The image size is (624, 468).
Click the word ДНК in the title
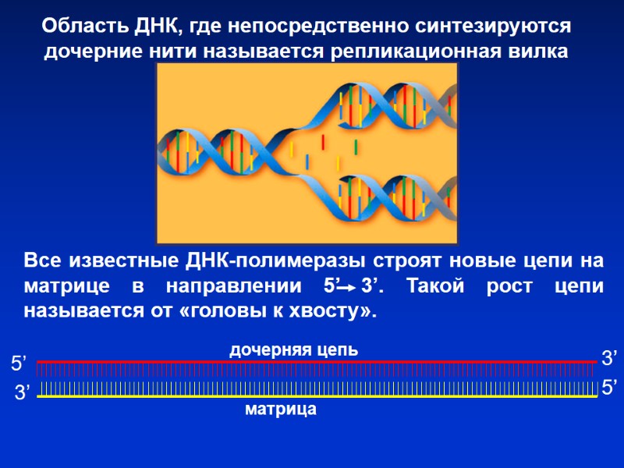(147, 26)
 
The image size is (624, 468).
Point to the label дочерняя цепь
(293, 349)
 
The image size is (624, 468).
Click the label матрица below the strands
(281, 409)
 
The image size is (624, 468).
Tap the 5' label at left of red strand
(18, 363)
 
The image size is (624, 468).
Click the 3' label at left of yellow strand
(22, 394)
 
